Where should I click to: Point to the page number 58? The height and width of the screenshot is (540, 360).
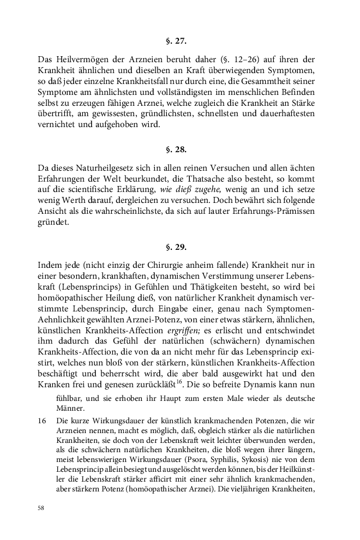click(41, 507)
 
